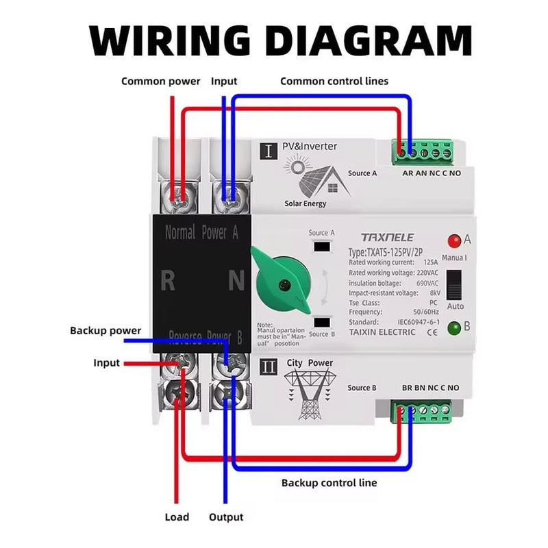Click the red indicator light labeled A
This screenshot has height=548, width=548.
click(x=453, y=240)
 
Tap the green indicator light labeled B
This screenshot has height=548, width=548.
click(x=453, y=327)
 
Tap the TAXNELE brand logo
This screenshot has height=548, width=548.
click(x=387, y=237)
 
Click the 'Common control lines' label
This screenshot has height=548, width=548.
click(x=334, y=81)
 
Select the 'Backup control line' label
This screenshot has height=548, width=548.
click(x=329, y=482)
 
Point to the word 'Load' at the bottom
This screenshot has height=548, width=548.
click(x=177, y=517)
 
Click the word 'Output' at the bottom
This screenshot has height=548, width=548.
click(x=226, y=517)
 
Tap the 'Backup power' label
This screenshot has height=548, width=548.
click(x=105, y=330)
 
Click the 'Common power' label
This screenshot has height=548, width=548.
click(x=161, y=81)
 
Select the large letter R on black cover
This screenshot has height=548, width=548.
click(x=168, y=281)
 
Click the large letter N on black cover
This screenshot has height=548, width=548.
click(x=236, y=281)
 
